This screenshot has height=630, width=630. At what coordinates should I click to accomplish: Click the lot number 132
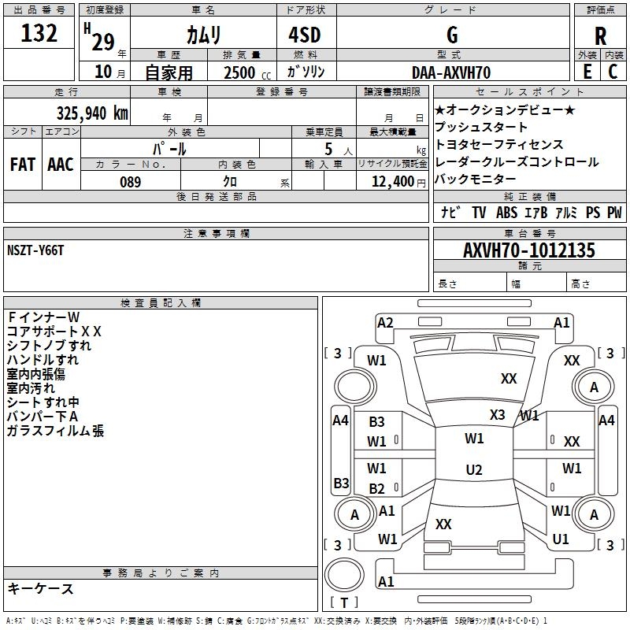(x=39, y=34)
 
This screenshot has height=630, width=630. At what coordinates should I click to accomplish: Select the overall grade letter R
(x=600, y=36)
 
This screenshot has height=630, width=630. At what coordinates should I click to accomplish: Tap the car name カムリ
(x=203, y=35)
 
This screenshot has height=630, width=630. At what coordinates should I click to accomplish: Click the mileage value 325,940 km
(x=92, y=113)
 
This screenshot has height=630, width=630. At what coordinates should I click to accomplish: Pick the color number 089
(x=130, y=182)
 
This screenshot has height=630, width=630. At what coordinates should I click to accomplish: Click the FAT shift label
(x=23, y=165)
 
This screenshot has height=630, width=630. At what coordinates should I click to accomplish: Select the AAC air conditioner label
(x=61, y=165)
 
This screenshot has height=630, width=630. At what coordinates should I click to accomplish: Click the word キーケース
(x=40, y=589)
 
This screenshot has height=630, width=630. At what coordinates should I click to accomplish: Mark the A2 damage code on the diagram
(x=385, y=322)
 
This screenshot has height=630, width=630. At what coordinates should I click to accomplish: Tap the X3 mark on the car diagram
(x=497, y=415)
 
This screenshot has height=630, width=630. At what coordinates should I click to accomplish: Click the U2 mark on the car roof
(x=473, y=470)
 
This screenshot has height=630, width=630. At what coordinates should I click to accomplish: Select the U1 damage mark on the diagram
(x=561, y=539)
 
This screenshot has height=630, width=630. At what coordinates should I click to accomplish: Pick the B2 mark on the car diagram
(x=377, y=488)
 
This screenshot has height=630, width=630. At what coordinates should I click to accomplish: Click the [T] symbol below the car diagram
(x=344, y=602)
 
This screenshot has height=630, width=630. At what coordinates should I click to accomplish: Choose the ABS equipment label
(x=507, y=213)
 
